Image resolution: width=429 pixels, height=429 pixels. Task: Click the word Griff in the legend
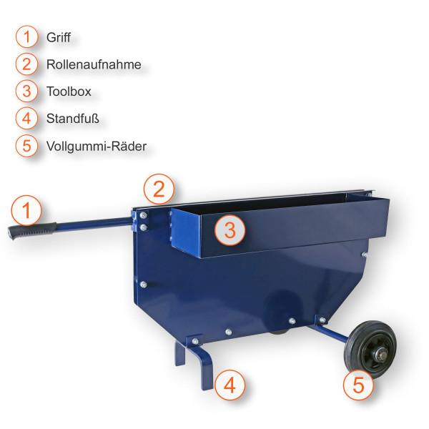58,36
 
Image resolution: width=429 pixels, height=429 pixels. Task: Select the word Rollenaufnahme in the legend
94,64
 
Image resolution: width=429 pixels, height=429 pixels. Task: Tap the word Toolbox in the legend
69,92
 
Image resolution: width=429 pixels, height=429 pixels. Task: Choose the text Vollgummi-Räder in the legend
96,146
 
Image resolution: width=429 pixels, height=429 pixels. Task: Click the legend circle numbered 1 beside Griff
26,36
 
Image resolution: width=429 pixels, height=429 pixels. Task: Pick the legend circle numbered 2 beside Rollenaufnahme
26,64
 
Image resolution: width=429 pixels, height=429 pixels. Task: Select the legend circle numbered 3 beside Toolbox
26,92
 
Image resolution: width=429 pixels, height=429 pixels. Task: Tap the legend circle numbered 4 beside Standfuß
26,119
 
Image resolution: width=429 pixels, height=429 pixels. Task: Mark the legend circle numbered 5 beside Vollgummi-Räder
26,146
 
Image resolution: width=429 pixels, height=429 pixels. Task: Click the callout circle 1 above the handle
26,211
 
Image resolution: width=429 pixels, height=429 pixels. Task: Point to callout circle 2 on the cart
159,189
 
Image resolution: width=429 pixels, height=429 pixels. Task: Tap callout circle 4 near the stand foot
230,385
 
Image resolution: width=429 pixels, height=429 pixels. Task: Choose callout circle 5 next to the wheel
358,385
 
